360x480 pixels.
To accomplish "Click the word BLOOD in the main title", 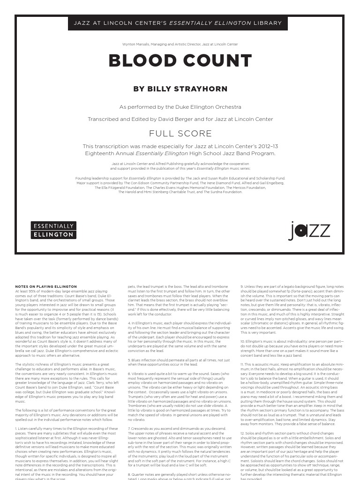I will pyautogui.click(x=141, y=61).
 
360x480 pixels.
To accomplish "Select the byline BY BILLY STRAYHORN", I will pyautogui.click(x=180, y=89).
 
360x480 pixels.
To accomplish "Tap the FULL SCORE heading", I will pyautogui.click(x=180, y=133).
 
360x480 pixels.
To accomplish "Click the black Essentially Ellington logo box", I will pyautogui.click(x=53, y=230).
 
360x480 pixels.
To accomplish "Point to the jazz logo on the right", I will pyautogui.click(x=309, y=231).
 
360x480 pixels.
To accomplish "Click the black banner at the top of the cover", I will pyautogui.click(x=178, y=23).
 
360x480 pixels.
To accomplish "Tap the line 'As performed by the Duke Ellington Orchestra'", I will pyautogui.click(x=180, y=107).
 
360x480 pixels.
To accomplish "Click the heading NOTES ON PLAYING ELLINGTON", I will pyautogui.click(x=46, y=286).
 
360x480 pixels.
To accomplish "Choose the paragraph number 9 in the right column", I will pyautogui.click(x=242, y=286).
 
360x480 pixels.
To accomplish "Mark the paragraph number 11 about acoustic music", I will pyautogui.click(x=243, y=364).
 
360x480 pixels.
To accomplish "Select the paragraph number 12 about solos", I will pyautogui.click(x=243, y=433).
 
